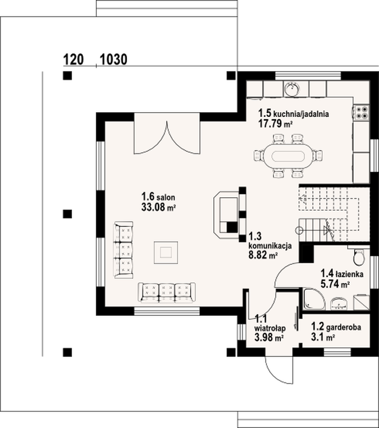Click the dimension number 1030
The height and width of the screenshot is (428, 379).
click(114, 59)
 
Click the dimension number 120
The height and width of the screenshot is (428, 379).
click(74, 59)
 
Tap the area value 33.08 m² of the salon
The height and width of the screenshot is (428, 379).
click(158, 207)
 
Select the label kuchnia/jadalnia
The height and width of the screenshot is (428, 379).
click(301, 114)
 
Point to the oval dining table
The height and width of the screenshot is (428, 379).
click(288, 157)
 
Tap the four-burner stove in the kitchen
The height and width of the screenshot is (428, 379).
click(362, 113)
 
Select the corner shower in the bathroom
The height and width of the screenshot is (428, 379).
click(314, 300)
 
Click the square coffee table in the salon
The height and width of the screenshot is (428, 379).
click(166, 252)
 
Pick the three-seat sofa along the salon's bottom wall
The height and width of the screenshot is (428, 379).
click(167, 293)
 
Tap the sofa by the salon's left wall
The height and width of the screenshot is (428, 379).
click(123, 250)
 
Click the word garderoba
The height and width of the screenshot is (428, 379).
click(343, 327)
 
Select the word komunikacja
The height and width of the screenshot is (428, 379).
click(270, 245)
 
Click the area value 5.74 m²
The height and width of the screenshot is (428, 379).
click(335, 284)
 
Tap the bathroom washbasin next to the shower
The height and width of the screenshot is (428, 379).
click(339, 304)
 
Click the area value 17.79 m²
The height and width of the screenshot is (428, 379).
click(275, 124)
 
